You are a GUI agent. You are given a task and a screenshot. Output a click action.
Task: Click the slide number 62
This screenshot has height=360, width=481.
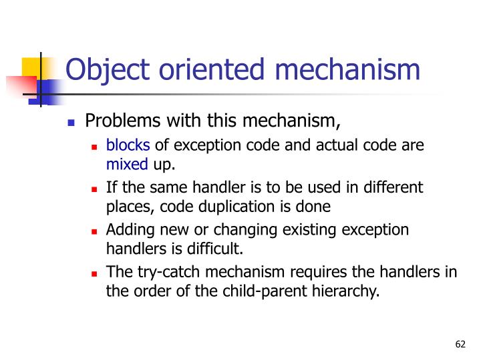[x=459, y=344]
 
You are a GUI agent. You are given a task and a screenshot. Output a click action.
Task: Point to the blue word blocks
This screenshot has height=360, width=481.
[x=129, y=145]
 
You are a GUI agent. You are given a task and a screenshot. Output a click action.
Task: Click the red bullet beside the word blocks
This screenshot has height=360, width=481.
[x=95, y=147]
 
